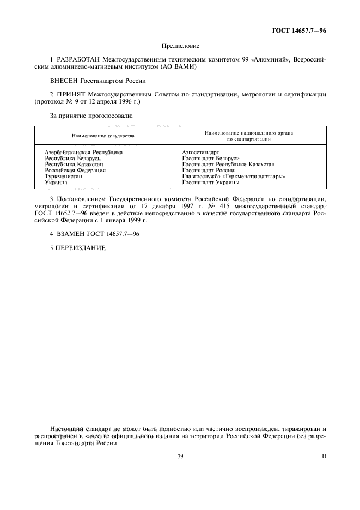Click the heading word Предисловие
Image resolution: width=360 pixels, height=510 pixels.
(180, 46)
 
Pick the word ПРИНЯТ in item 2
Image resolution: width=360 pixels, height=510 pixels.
(70, 94)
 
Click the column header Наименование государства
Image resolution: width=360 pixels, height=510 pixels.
(103, 135)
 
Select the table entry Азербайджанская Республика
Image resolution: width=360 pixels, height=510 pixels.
(83, 153)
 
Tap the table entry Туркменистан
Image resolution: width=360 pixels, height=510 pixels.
(63, 177)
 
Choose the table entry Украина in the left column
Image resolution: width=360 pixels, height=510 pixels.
(56, 183)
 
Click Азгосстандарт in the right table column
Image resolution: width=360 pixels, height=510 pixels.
(200, 153)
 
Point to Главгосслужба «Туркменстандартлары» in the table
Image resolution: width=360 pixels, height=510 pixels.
(234, 177)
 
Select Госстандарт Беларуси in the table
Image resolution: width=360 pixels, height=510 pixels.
(207, 159)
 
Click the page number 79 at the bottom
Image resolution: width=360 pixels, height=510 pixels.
(180, 456)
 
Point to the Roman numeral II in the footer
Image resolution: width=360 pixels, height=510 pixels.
(324, 456)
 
